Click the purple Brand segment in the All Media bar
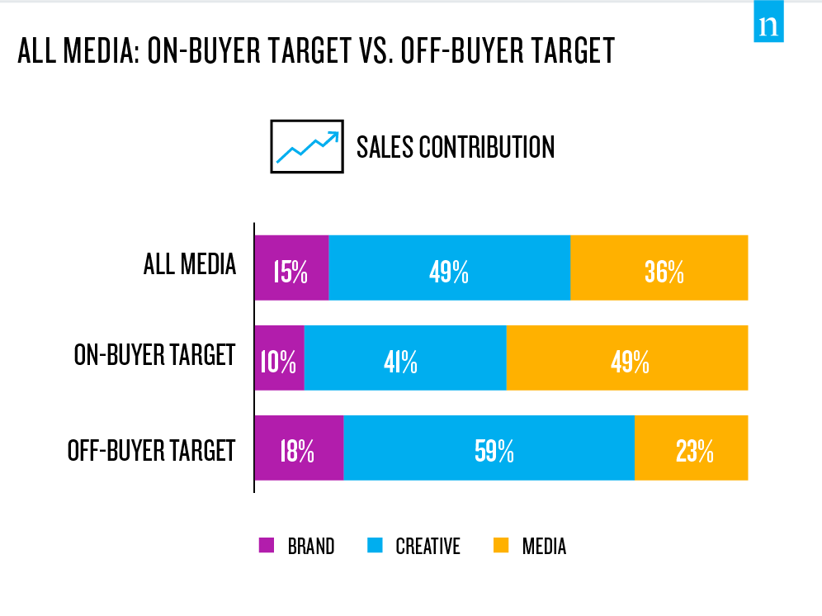(x=291, y=268)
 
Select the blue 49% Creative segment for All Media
(x=449, y=268)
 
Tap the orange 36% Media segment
(x=659, y=268)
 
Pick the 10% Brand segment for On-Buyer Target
(x=279, y=358)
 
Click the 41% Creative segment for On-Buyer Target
(x=404, y=358)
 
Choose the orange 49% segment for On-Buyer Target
(x=626, y=358)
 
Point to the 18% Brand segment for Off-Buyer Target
(x=299, y=448)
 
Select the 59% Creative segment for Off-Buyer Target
(x=489, y=448)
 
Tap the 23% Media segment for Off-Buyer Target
(x=691, y=448)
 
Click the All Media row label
(x=190, y=265)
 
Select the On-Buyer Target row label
(x=155, y=355)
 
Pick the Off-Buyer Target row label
(x=152, y=451)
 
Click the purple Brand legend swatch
(x=266, y=546)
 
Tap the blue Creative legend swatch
(x=374, y=546)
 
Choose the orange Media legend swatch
(x=500, y=546)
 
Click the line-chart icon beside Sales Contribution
(x=306, y=146)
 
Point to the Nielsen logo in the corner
(x=768, y=26)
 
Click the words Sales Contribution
(x=456, y=147)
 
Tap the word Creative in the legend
(x=428, y=547)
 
